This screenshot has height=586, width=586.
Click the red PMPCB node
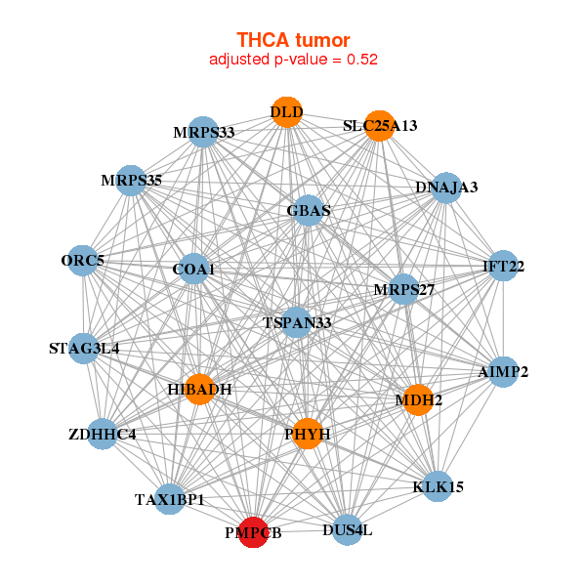(x=253, y=532)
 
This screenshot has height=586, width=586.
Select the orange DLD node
(x=286, y=112)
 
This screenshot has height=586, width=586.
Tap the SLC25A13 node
(x=379, y=125)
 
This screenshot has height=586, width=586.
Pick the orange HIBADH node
(x=199, y=390)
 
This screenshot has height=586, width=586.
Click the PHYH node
(x=308, y=434)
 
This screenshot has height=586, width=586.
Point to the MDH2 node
(x=418, y=399)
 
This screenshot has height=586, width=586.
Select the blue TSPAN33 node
(x=298, y=322)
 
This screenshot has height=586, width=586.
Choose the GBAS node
(x=309, y=210)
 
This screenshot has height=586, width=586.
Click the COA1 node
(x=193, y=269)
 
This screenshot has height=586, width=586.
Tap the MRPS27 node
(x=403, y=290)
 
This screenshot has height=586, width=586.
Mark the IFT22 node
(x=503, y=267)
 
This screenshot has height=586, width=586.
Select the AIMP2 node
(x=503, y=372)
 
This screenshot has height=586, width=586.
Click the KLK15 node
(x=439, y=486)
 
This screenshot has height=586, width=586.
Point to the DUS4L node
(x=347, y=530)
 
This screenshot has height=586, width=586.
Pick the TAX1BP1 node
(x=170, y=499)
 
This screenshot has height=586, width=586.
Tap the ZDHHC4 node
(x=103, y=434)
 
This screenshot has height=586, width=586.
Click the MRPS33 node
(x=203, y=132)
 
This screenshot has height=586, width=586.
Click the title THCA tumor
(x=293, y=40)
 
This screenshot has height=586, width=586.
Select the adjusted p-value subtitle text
(x=293, y=60)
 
